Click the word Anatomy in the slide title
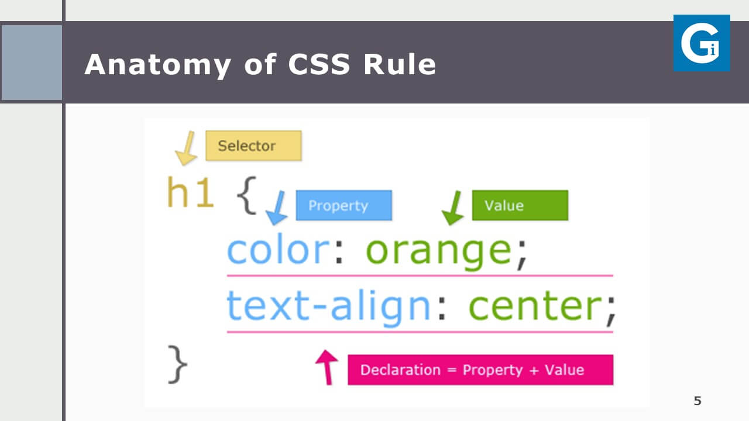pos(157,65)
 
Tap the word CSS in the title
pos(319,64)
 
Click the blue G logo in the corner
pos(702,43)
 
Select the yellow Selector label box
pos(253,146)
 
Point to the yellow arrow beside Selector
pos(187,149)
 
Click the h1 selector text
pos(190,192)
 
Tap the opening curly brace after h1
pos(246,195)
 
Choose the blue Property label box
pos(343,205)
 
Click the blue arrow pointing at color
pos(277,208)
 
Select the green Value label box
pos(520,205)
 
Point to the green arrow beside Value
pos(453,208)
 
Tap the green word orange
pos(439,253)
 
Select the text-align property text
pos(328,307)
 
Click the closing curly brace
pos(178,364)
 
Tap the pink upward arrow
pos(327,368)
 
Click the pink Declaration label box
pos(480,370)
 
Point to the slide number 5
pos(698,401)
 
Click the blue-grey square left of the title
pos(32,63)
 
